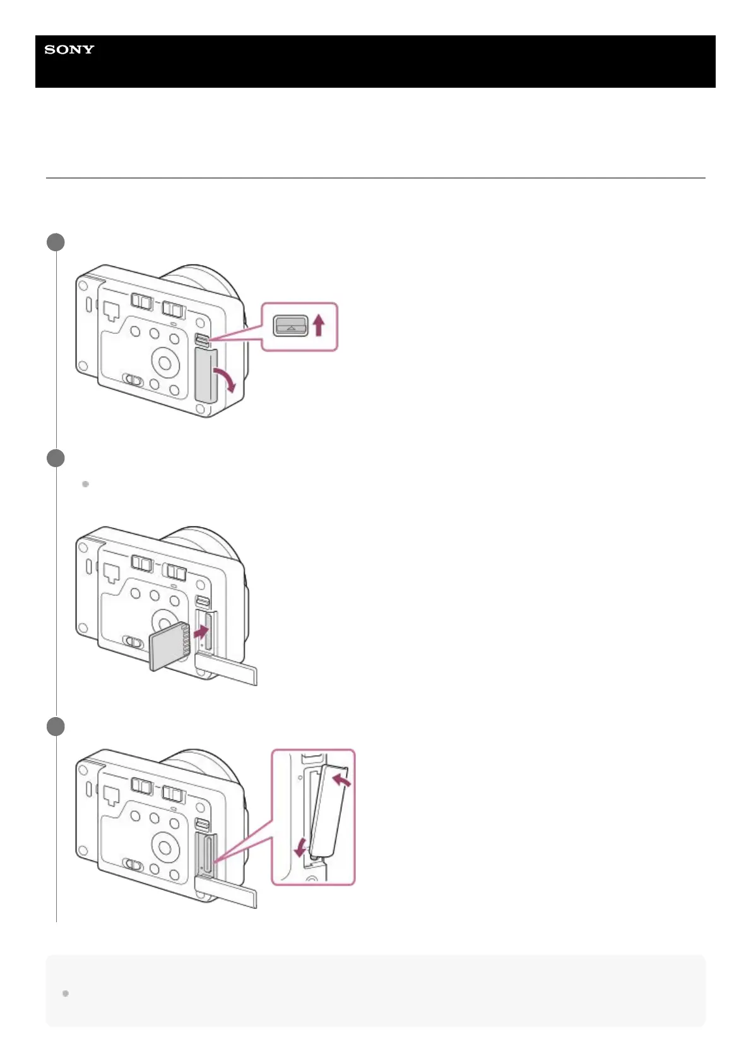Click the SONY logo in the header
pyautogui.click(x=69, y=50)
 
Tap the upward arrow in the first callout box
pyautogui.click(x=319, y=326)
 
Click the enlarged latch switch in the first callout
pyautogui.click(x=290, y=326)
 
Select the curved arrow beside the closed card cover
pyautogui.click(x=225, y=377)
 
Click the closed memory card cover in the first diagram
pyautogui.click(x=205, y=376)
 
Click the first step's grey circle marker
pyautogui.click(x=56, y=242)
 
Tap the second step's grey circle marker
pyautogui.click(x=56, y=458)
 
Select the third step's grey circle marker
pyautogui.click(x=56, y=727)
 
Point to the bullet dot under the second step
pyautogui.click(x=85, y=484)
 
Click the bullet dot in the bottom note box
pyautogui.click(x=65, y=993)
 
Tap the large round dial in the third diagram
pyautogui.click(x=165, y=847)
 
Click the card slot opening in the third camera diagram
pyautogui.click(x=207, y=856)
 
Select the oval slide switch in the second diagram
pyautogui.click(x=134, y=642)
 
